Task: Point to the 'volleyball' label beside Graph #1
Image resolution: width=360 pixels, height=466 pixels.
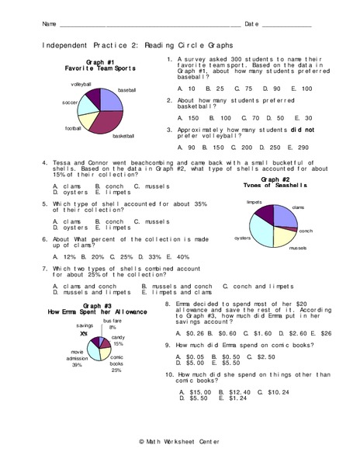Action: pyautogui.click(x=81, y=84)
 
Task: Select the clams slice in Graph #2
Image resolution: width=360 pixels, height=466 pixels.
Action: pyautogui.click(x=284, y=215)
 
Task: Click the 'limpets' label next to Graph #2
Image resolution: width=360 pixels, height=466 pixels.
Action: pyautogui.click(x=254, y=201)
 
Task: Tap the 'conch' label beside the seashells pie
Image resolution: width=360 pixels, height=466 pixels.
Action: pyautogui.click(x=306, y=231)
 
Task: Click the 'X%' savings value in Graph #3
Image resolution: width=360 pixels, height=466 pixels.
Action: pyautogui.click(x=83, y=333)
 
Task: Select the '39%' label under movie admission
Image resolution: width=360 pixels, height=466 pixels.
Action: pyautogui.click(x=78, y=365)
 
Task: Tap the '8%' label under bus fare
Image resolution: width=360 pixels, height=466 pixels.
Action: pyautogui.click(x=112, y=327)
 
